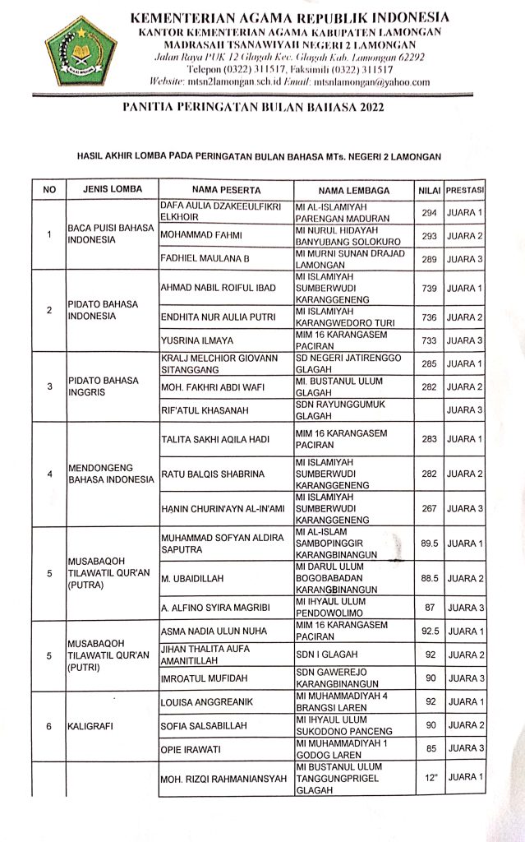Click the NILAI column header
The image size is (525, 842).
pos(428,190)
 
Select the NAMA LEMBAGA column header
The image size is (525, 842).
pos(353,190)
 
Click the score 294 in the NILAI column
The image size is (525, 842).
pos(428,213)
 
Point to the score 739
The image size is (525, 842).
pos(428,289)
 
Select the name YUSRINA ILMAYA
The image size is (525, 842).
pos(198,340)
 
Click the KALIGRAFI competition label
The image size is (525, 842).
pos(91,726)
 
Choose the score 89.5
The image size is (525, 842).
pos(428,544)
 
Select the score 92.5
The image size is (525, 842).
pos(428,631)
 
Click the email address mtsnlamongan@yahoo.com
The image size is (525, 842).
pos(381,82)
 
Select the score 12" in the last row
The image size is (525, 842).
pos(428,778)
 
